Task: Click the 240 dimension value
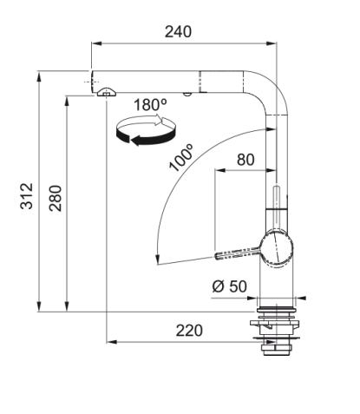[x=178, y=32]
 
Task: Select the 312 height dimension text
[x=27, y=196]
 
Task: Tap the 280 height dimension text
[x=56, y=198]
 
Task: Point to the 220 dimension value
[x=189, y=331]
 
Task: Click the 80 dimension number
[x=245, y=160]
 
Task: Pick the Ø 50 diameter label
[x=230, y=286]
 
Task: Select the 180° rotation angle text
[x=150, y=105]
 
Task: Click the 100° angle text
[x=181, y=158]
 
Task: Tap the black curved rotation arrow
[x=145, y=137]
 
